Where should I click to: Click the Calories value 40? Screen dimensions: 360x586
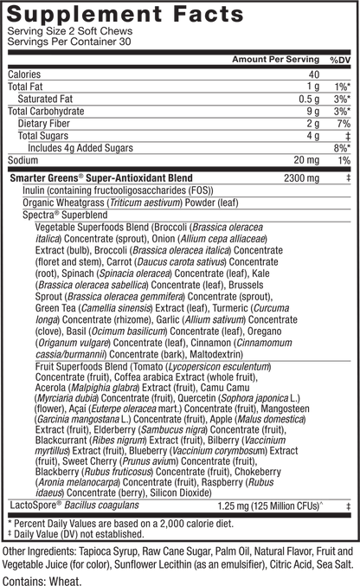[314, 74]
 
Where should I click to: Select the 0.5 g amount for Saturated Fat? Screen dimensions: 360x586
[309, 99]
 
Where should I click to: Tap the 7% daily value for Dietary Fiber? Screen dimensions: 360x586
[344, 124]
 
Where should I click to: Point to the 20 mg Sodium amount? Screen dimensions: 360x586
[306, 160]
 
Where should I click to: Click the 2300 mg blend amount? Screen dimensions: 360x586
[302, 178]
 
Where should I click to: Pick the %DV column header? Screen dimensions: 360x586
[340, 60]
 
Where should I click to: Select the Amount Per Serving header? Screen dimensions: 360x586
[276, 60]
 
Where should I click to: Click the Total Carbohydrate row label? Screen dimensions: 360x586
[46, 112]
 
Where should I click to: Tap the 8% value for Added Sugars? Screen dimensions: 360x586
[342, 148]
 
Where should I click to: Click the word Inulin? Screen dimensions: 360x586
[35, 190]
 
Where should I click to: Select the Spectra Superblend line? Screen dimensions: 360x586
[65, 215]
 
